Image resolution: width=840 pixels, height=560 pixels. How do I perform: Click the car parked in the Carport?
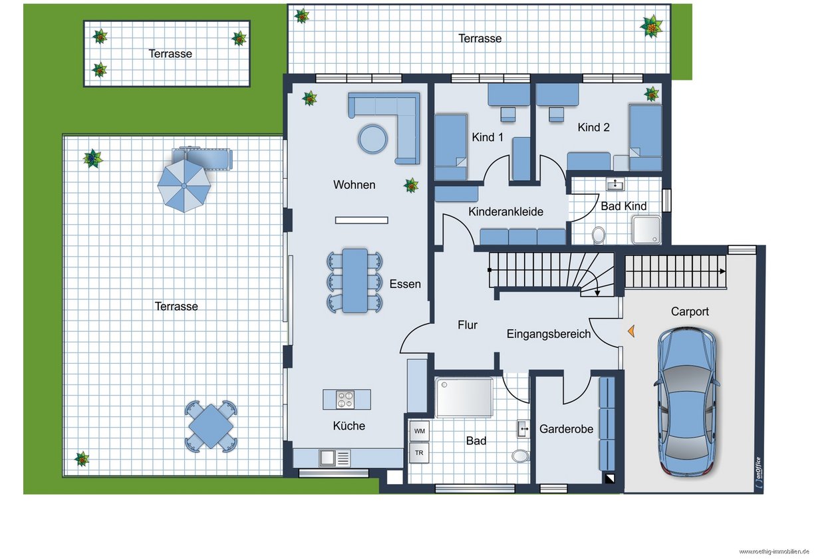coord(686,402)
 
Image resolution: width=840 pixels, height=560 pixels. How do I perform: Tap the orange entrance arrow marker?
coord(631,331)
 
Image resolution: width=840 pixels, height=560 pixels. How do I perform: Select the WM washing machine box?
coord(419,431)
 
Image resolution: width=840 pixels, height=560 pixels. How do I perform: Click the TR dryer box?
coord(419,453)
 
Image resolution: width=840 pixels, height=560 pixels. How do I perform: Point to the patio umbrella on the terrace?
coord(184,186)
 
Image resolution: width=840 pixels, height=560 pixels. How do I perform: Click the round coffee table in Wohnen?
coord(372,139)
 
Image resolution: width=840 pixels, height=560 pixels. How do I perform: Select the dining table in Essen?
coord(354,280)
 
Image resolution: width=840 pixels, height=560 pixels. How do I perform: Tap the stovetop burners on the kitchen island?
coord(345,399)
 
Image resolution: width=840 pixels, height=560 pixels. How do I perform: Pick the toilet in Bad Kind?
coord(599,235)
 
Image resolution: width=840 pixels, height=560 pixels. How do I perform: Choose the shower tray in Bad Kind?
coord(646,229)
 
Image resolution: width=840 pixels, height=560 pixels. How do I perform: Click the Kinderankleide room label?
coord(505,211)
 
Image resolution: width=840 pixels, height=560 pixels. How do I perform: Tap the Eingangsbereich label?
coord(549,334)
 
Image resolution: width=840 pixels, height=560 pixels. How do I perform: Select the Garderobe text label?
coord(566,429)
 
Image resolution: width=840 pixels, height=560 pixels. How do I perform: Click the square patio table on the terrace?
coord(211,426)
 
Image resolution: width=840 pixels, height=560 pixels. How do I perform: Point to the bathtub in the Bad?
coord(464,398)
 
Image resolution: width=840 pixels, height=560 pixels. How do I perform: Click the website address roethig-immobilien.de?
coord(774,551)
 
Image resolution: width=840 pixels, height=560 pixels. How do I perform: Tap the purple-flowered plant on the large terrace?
coord(92,158)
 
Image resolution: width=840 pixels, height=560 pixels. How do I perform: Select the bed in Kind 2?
coord(645,137)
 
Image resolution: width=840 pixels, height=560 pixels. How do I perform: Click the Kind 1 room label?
coord(487,137)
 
